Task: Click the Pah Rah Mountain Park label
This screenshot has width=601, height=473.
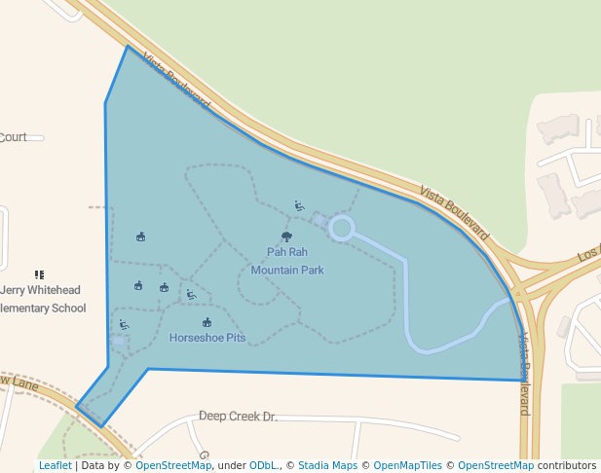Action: (x=287, y=261)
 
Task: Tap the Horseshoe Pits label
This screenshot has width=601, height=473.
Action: (x=207, y=339)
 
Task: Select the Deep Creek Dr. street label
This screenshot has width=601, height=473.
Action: (x=238, y=417)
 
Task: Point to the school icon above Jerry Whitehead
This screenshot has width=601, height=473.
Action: (x=39, y=275)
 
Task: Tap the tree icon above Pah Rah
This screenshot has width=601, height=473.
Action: (x=286, y=236)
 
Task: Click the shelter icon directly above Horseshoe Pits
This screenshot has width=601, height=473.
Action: (x=207, y=322)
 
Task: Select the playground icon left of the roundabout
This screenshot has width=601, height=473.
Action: (x=300, y=206)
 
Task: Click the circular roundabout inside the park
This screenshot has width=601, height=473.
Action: (x=341, y=229)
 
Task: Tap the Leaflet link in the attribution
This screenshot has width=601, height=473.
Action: (x=55, y=466)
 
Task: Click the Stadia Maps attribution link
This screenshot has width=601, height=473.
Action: (x=327, y=466)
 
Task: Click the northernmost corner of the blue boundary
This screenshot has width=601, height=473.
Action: (x=127, y=46)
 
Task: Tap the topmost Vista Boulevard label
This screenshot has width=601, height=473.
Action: (x=175, y=81)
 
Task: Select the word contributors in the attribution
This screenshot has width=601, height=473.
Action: (x=567, y=466)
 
